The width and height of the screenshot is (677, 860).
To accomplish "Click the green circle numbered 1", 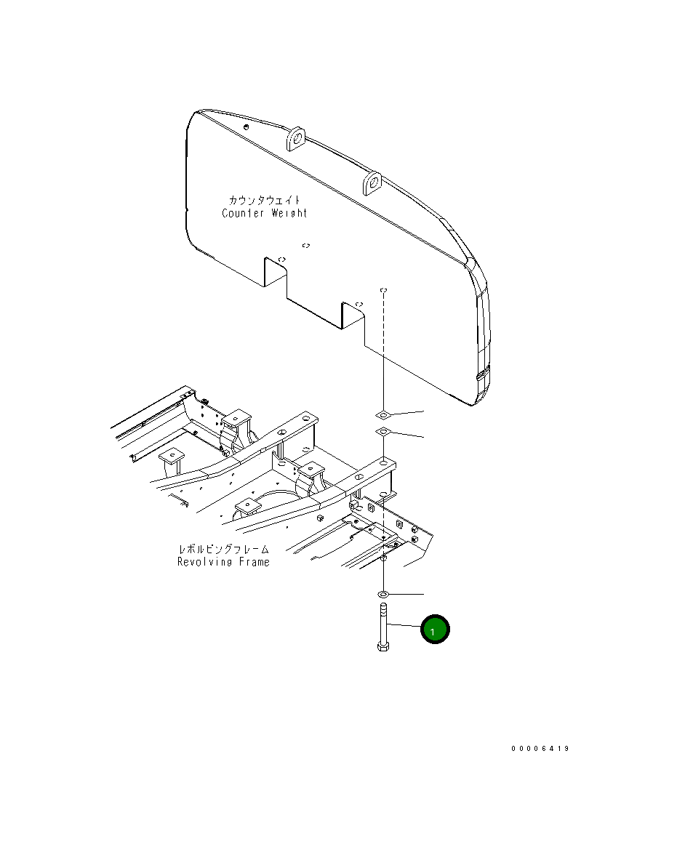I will [434, 630].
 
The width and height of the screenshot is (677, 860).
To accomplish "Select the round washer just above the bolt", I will [383, 595].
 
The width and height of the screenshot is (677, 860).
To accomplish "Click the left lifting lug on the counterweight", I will [296, 137].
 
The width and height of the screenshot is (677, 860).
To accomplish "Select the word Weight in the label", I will [289, 213].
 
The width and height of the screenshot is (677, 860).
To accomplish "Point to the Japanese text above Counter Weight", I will [265, 200].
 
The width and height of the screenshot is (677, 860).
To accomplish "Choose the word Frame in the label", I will [252, 562].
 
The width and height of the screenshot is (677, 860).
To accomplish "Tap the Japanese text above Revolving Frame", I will [224, 549].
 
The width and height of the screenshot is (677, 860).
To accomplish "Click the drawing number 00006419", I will [540, 749].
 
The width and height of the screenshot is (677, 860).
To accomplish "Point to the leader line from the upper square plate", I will [407, 412].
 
